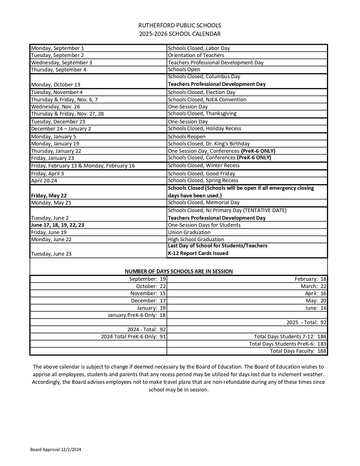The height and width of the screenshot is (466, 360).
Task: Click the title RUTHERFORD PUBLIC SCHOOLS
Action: pyautogui.click(x=180, y=25)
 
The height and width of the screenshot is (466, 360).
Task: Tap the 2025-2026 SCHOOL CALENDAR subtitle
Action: pyautogui.click(x=180, y=34)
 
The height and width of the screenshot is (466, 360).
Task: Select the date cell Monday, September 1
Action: pyautogui.click(x=58, y=48)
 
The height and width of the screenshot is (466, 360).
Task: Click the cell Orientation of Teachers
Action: pyautogui.click(x=196, y=55)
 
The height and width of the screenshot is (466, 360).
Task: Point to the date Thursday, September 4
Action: pyautogui.click(x=59, y=70)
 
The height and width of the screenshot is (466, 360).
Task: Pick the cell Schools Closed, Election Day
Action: pyautogui.click(x=202, y=92)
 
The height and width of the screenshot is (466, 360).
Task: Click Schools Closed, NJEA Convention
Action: pyautogui.click(x=207, y=100)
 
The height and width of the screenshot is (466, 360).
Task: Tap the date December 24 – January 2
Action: pyautogui.click(x=61, y=129)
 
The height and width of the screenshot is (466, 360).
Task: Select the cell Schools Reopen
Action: pyautogui.click(x=187, y=137)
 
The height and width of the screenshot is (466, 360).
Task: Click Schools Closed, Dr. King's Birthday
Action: pyautogui.click(x=209, y=144)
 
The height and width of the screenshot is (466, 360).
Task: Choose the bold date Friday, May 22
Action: pyautogui.click(x=49, y=196)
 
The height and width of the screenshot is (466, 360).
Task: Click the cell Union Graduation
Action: pyautogui.click(x=189, y=232)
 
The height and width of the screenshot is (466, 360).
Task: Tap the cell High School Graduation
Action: pyautogui.click(x=196, y=239)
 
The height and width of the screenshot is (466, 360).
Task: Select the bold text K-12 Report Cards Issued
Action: pyautogui.click(x=198, y=253)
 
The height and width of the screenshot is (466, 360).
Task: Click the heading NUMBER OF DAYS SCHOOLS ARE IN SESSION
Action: pyautogui.click(x=179, y=271)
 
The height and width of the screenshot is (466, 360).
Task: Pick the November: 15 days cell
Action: pyautogui.click(x=148, y=293)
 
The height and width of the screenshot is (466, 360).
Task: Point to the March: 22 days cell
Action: pyautogui.click(x=313, y=286)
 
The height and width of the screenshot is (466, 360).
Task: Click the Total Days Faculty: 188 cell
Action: pyautogui.click(x=298, y=351)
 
